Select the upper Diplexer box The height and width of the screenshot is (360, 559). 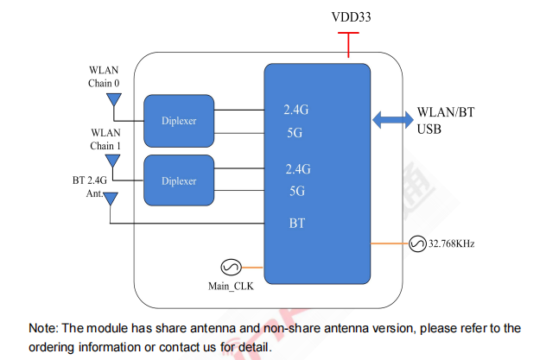click(x=179, y=121)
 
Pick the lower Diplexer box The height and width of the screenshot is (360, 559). click(x=179, y=181)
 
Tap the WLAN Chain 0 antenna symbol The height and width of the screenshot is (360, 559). click(x=112, y=101)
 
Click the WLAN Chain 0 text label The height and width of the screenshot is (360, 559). click(x=104, y=77)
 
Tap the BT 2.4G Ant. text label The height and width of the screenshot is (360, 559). click(x=89, y=187)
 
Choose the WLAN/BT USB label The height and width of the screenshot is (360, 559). click(x=447, y=121)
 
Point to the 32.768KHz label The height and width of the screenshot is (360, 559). click(x=452, y=244)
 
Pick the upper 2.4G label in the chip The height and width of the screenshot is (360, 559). click(x=297, y=111)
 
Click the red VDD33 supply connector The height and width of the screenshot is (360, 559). click(x=348, y=45)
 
